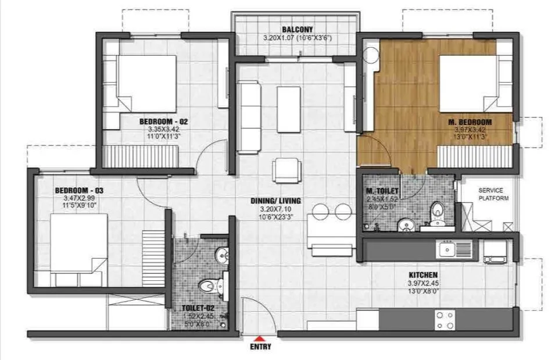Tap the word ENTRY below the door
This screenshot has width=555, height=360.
260,347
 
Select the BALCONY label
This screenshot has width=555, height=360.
297,30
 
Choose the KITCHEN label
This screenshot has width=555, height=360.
423,275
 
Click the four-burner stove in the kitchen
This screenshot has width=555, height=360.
446,319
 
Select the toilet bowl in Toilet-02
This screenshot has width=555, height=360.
207,285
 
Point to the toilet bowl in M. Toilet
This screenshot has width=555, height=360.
436,213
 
